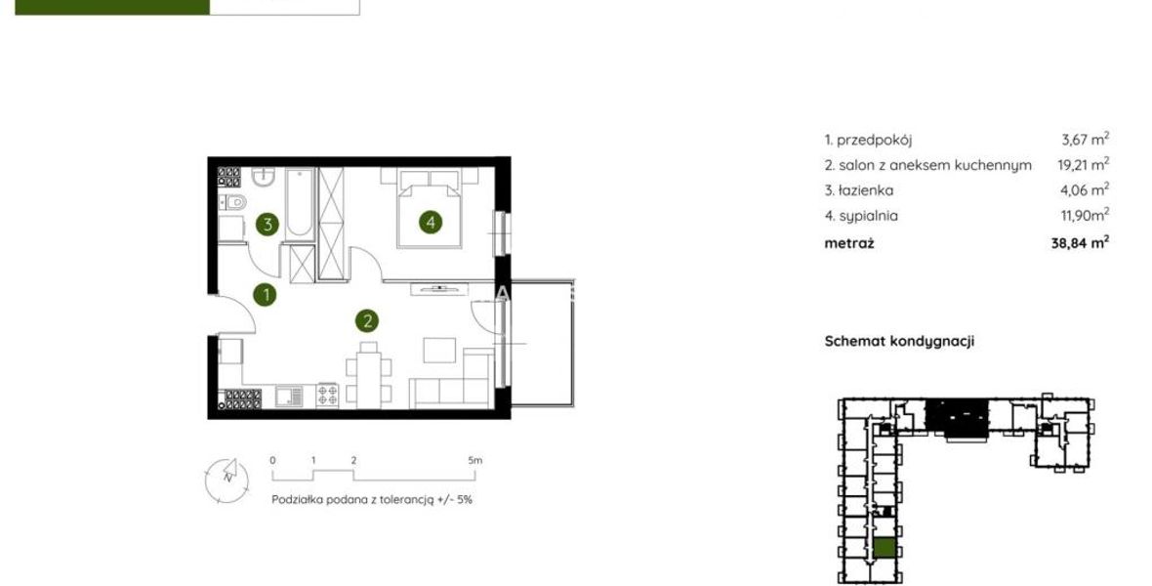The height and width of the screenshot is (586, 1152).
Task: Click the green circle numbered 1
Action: coord(266,296)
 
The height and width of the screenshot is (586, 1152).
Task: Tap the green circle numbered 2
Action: coord(367,320)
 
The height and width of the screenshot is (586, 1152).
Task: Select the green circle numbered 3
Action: coord(267,225)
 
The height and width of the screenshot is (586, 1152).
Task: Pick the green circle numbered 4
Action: coord(431,222)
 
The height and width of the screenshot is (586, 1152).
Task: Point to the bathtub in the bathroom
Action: coord(299,203)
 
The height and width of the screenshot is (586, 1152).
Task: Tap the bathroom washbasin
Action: coord(263,177)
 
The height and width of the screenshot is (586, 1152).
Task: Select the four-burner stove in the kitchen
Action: coord(327,396)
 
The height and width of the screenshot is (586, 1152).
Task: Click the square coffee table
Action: coord(439,350)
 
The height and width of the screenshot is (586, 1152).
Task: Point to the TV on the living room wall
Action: coord(439,288)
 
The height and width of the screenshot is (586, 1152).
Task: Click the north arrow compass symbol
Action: coord(226,481)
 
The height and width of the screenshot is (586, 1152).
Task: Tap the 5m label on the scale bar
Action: coord(475,460)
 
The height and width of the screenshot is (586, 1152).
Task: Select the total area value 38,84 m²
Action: coord(1080,242)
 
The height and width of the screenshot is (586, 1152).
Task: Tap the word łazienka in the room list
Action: coord(866,190)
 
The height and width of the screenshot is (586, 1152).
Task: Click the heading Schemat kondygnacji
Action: coord(899,341)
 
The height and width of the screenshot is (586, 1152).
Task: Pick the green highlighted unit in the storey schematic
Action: coord(885,548)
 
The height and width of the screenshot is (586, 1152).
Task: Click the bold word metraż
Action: coord(849,243)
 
